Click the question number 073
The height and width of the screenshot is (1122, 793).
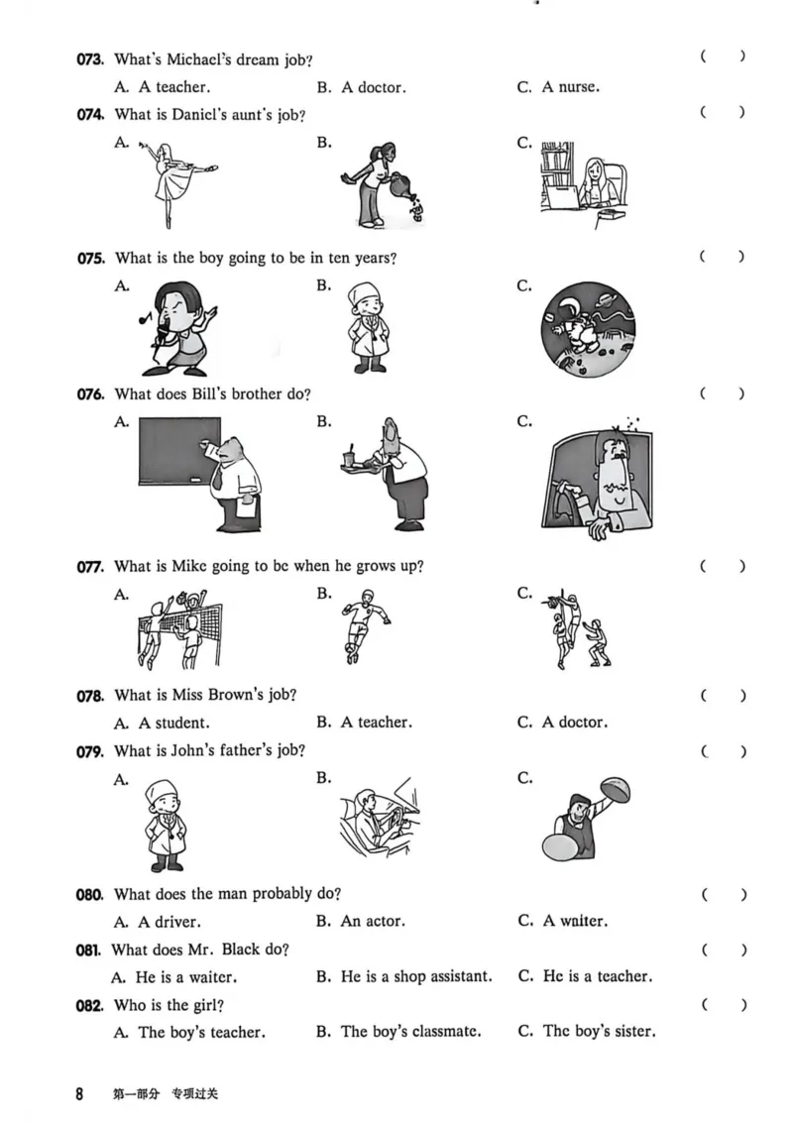pos(90,59)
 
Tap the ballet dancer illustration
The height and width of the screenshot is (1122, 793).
pos(178,183)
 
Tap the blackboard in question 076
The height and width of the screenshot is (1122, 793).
pos(179,451)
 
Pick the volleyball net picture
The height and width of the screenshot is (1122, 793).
pos(179,629)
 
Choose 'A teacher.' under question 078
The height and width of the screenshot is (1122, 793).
pos(377,723)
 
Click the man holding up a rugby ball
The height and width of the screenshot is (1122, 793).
pos(586,820)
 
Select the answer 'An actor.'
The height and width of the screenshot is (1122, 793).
pos(373,922)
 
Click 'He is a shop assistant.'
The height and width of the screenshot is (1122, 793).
pos(416,977)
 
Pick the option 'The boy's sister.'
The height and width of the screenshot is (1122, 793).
pos(599,1032)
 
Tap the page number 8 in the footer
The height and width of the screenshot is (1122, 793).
pos(79,1093)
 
